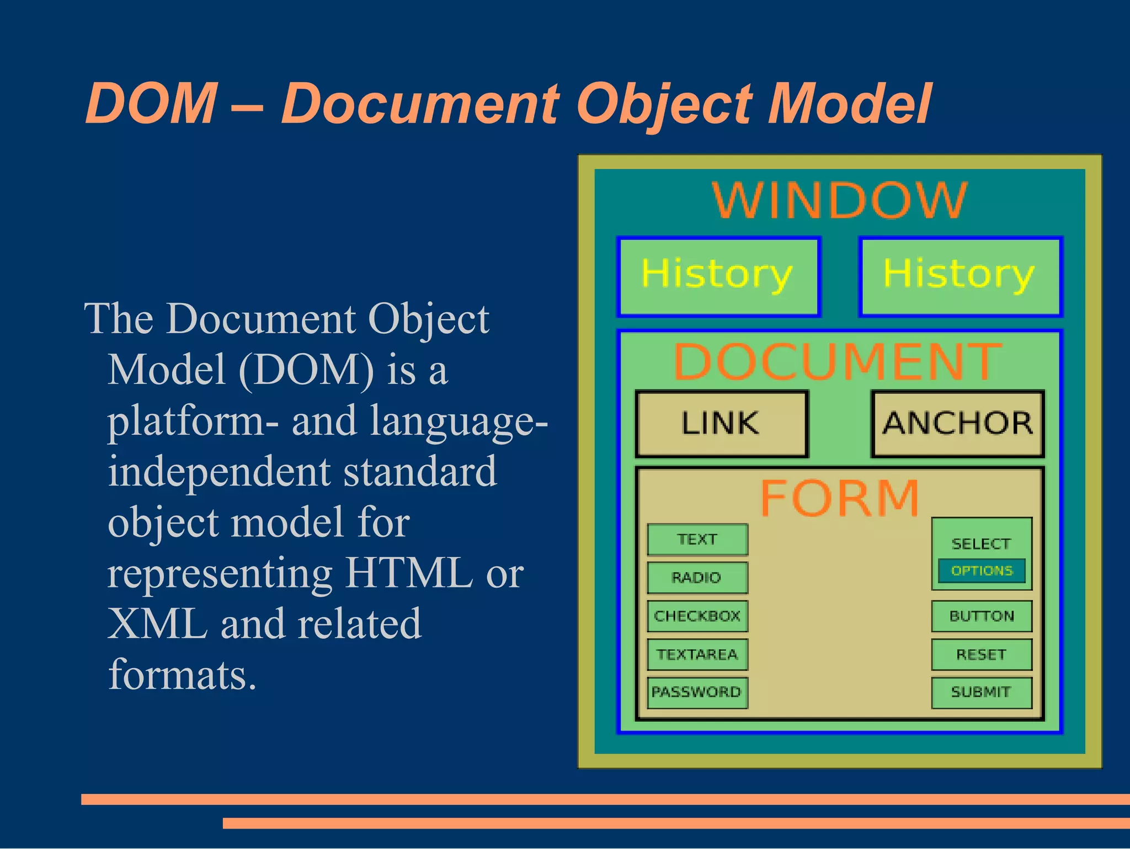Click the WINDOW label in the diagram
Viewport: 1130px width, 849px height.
[x=839, y=200]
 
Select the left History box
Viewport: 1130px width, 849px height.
[x=718, y=276]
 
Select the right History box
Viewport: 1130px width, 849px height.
[x=960, y=276]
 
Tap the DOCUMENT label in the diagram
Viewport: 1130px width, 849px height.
[x=838, y=362]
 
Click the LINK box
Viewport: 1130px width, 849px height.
[x=721, y=424]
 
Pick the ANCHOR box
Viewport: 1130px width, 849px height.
[x=957, y=424]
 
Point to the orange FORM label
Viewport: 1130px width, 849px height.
[x=839, y=498]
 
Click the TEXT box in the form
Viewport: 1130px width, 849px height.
[x=697, y=540]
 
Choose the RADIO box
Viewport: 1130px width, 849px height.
[x=697, y=578]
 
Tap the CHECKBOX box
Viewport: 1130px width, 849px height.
[x=697, y=616]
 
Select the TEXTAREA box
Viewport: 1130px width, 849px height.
[x=697, y=655]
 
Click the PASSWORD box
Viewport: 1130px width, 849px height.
[x=697, y=692]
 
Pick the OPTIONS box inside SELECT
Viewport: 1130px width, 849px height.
[x=982, y=571]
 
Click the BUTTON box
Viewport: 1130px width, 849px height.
[x=982, y=616]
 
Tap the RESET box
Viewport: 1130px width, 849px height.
[x=982, y=655]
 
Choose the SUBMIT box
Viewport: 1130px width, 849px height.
[x=982, y=692]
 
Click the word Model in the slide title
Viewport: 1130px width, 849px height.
[x=849, y=103]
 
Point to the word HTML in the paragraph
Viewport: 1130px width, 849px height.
[x=408, y=573]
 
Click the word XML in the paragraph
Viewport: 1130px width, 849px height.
[x=158, y=624]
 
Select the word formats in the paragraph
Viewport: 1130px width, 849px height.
[x=182, y=674]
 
